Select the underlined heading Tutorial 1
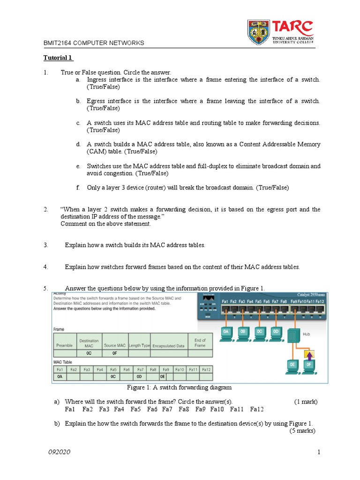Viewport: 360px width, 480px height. click(x=58, y=58)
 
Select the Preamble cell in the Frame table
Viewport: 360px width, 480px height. click(x=64, y=345)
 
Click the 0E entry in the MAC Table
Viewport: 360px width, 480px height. click(x=162, y=376)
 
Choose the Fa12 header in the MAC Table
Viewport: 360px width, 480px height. click(x=206, y=369)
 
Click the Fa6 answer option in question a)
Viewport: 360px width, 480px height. click(x=152, y=409)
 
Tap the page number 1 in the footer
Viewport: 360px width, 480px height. click(x=318, y=452)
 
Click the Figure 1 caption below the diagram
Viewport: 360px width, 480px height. click(x=180, y=388)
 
